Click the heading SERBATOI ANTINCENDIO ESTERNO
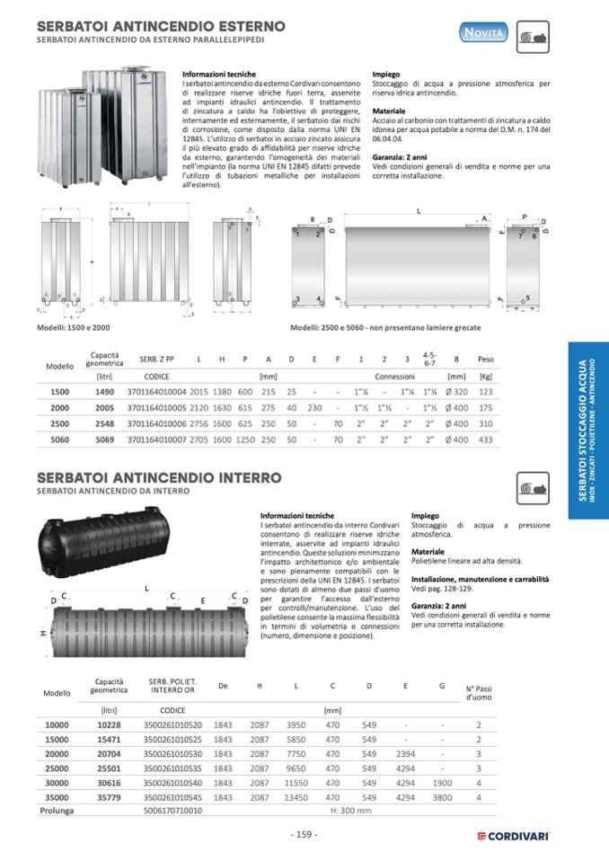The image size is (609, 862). [161, 26]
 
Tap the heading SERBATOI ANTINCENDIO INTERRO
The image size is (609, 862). [159, 477]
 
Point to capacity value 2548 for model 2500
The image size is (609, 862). [105, 424]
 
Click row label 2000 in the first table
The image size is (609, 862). [59, 409]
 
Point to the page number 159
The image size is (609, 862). [304, 834]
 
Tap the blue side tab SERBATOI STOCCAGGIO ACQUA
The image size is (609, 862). [587, 427]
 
